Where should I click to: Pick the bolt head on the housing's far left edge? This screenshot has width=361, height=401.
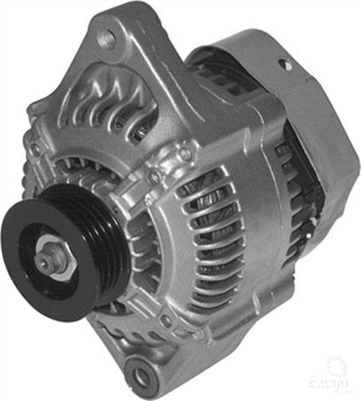(36, 149)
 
